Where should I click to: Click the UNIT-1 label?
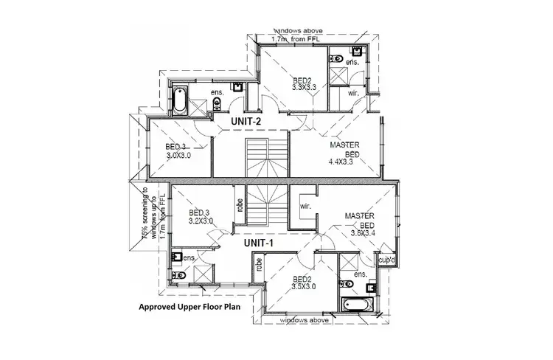[260, 241]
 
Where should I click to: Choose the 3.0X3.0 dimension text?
[179, 156]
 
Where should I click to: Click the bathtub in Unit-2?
[180, 97]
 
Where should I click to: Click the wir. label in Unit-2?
[353, 94]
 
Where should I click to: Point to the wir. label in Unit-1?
[305, 207]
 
